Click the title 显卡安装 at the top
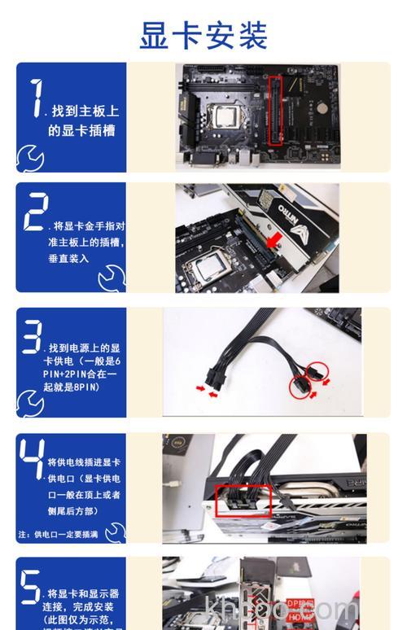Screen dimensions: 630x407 (x=203, y=35)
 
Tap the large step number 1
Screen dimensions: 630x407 (x=34, y=99)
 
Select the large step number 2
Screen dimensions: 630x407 (x=35, y=212)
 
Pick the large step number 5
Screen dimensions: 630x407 (x=31, y=588)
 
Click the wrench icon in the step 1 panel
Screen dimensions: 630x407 (x=30, y=156)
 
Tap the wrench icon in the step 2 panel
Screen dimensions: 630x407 (x=112, y=279)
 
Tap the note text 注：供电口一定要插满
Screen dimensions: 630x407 (x=59, y=535)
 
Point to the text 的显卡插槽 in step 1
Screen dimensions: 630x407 (x=81, y=130)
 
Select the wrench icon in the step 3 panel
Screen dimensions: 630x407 (x=30, y=403)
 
